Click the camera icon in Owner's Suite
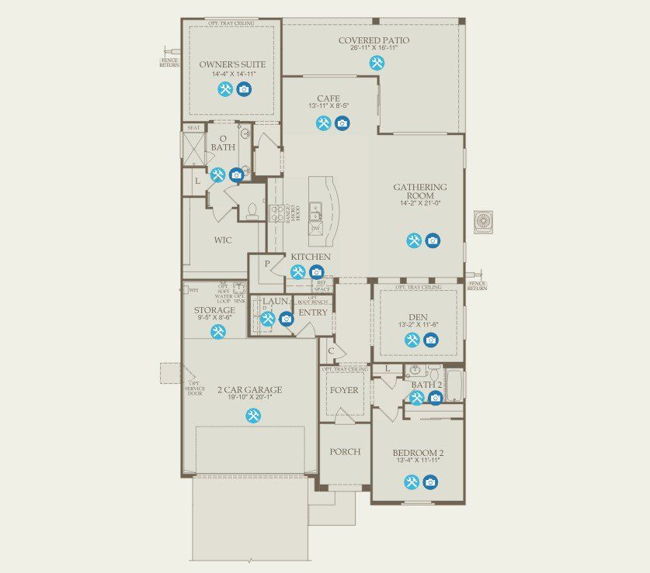[244, 89]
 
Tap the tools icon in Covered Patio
[377, 64]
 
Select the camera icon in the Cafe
[342, 123]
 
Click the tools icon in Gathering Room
[414, 240]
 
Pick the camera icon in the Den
[431, 340]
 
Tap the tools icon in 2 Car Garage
[253, 416]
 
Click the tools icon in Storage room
[218, 331]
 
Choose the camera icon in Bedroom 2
[430, 482]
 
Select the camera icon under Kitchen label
[316, 272]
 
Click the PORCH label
[344, 452]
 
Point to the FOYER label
[344, 390]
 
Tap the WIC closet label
[223, 240]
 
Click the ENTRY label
[313, 312]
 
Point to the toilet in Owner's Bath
[252, 210]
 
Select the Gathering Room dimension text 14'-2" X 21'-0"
[419, 203]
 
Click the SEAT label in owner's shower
[193, 128]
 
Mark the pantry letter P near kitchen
[267, 264]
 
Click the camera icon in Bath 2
[435, 398]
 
